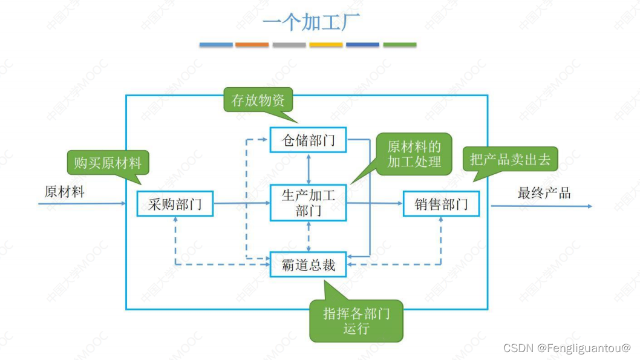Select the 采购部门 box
coord(174,204)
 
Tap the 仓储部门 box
coord(309,141)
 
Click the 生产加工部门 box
coord(309,203)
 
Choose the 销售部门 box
coord(441,204)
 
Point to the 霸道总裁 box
coord(309,264)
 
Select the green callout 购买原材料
coord(108,163)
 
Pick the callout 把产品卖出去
coord(510,160)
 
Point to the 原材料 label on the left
coord(65,192)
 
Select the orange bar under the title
coord(252,45)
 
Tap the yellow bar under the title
coord(325,45)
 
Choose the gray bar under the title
coord(289,45)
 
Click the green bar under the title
coord(399,45)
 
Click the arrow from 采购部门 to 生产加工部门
coord(242,203)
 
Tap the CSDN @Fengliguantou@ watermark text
coord(567,348)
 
